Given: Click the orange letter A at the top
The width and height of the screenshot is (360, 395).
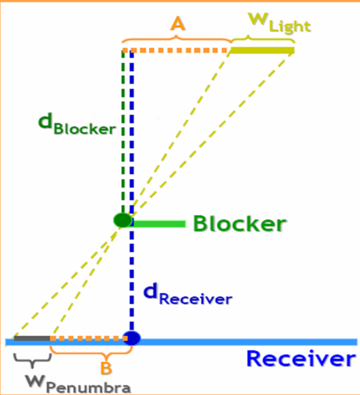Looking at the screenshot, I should point(176,23).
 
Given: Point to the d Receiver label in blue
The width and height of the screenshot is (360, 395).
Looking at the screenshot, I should point(187,294).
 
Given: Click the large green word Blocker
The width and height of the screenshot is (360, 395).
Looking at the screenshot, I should point(238,224).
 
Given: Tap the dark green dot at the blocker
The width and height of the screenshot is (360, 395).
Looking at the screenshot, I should point(122,220).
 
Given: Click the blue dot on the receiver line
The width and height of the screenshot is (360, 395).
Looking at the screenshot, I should point(131,338).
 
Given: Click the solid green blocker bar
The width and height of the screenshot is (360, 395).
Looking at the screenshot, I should point(158,224).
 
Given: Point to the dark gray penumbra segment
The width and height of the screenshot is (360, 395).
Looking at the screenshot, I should point(32,339).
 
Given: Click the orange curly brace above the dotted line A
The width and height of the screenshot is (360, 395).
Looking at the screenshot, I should point(176,40).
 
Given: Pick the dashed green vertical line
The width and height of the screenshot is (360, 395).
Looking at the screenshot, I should point(124,132).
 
